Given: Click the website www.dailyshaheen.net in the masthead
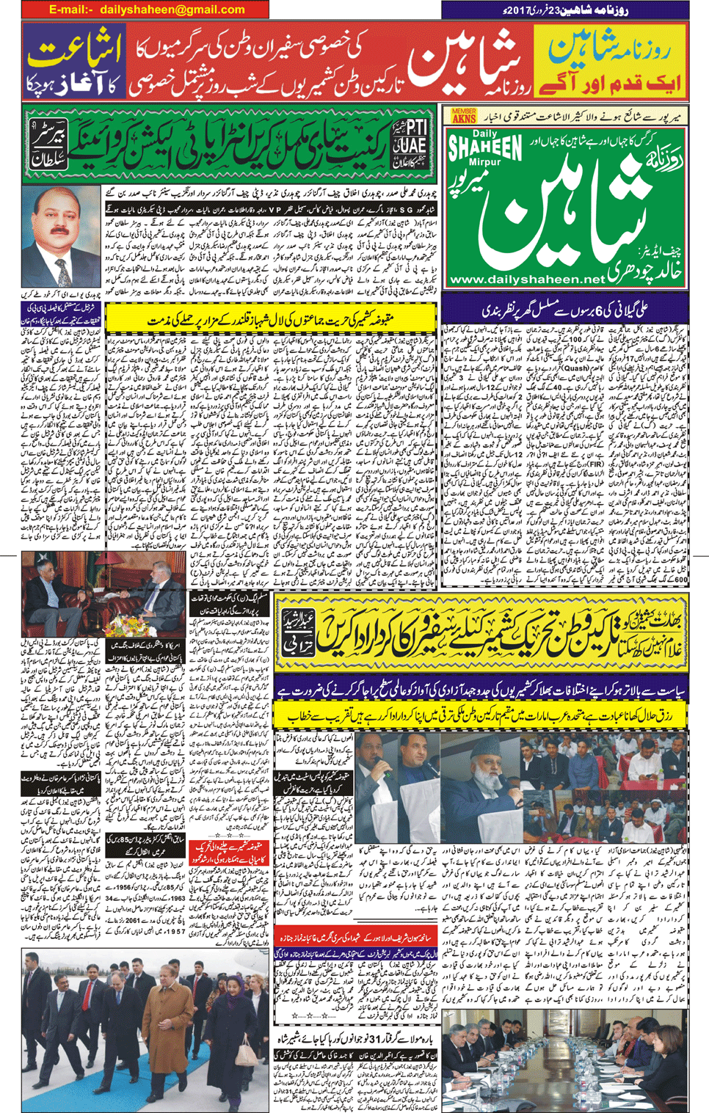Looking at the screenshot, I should tap(527, 280).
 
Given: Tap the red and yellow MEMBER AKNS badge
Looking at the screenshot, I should tap(464, 116).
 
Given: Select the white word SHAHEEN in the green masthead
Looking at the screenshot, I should tap(484, 149).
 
